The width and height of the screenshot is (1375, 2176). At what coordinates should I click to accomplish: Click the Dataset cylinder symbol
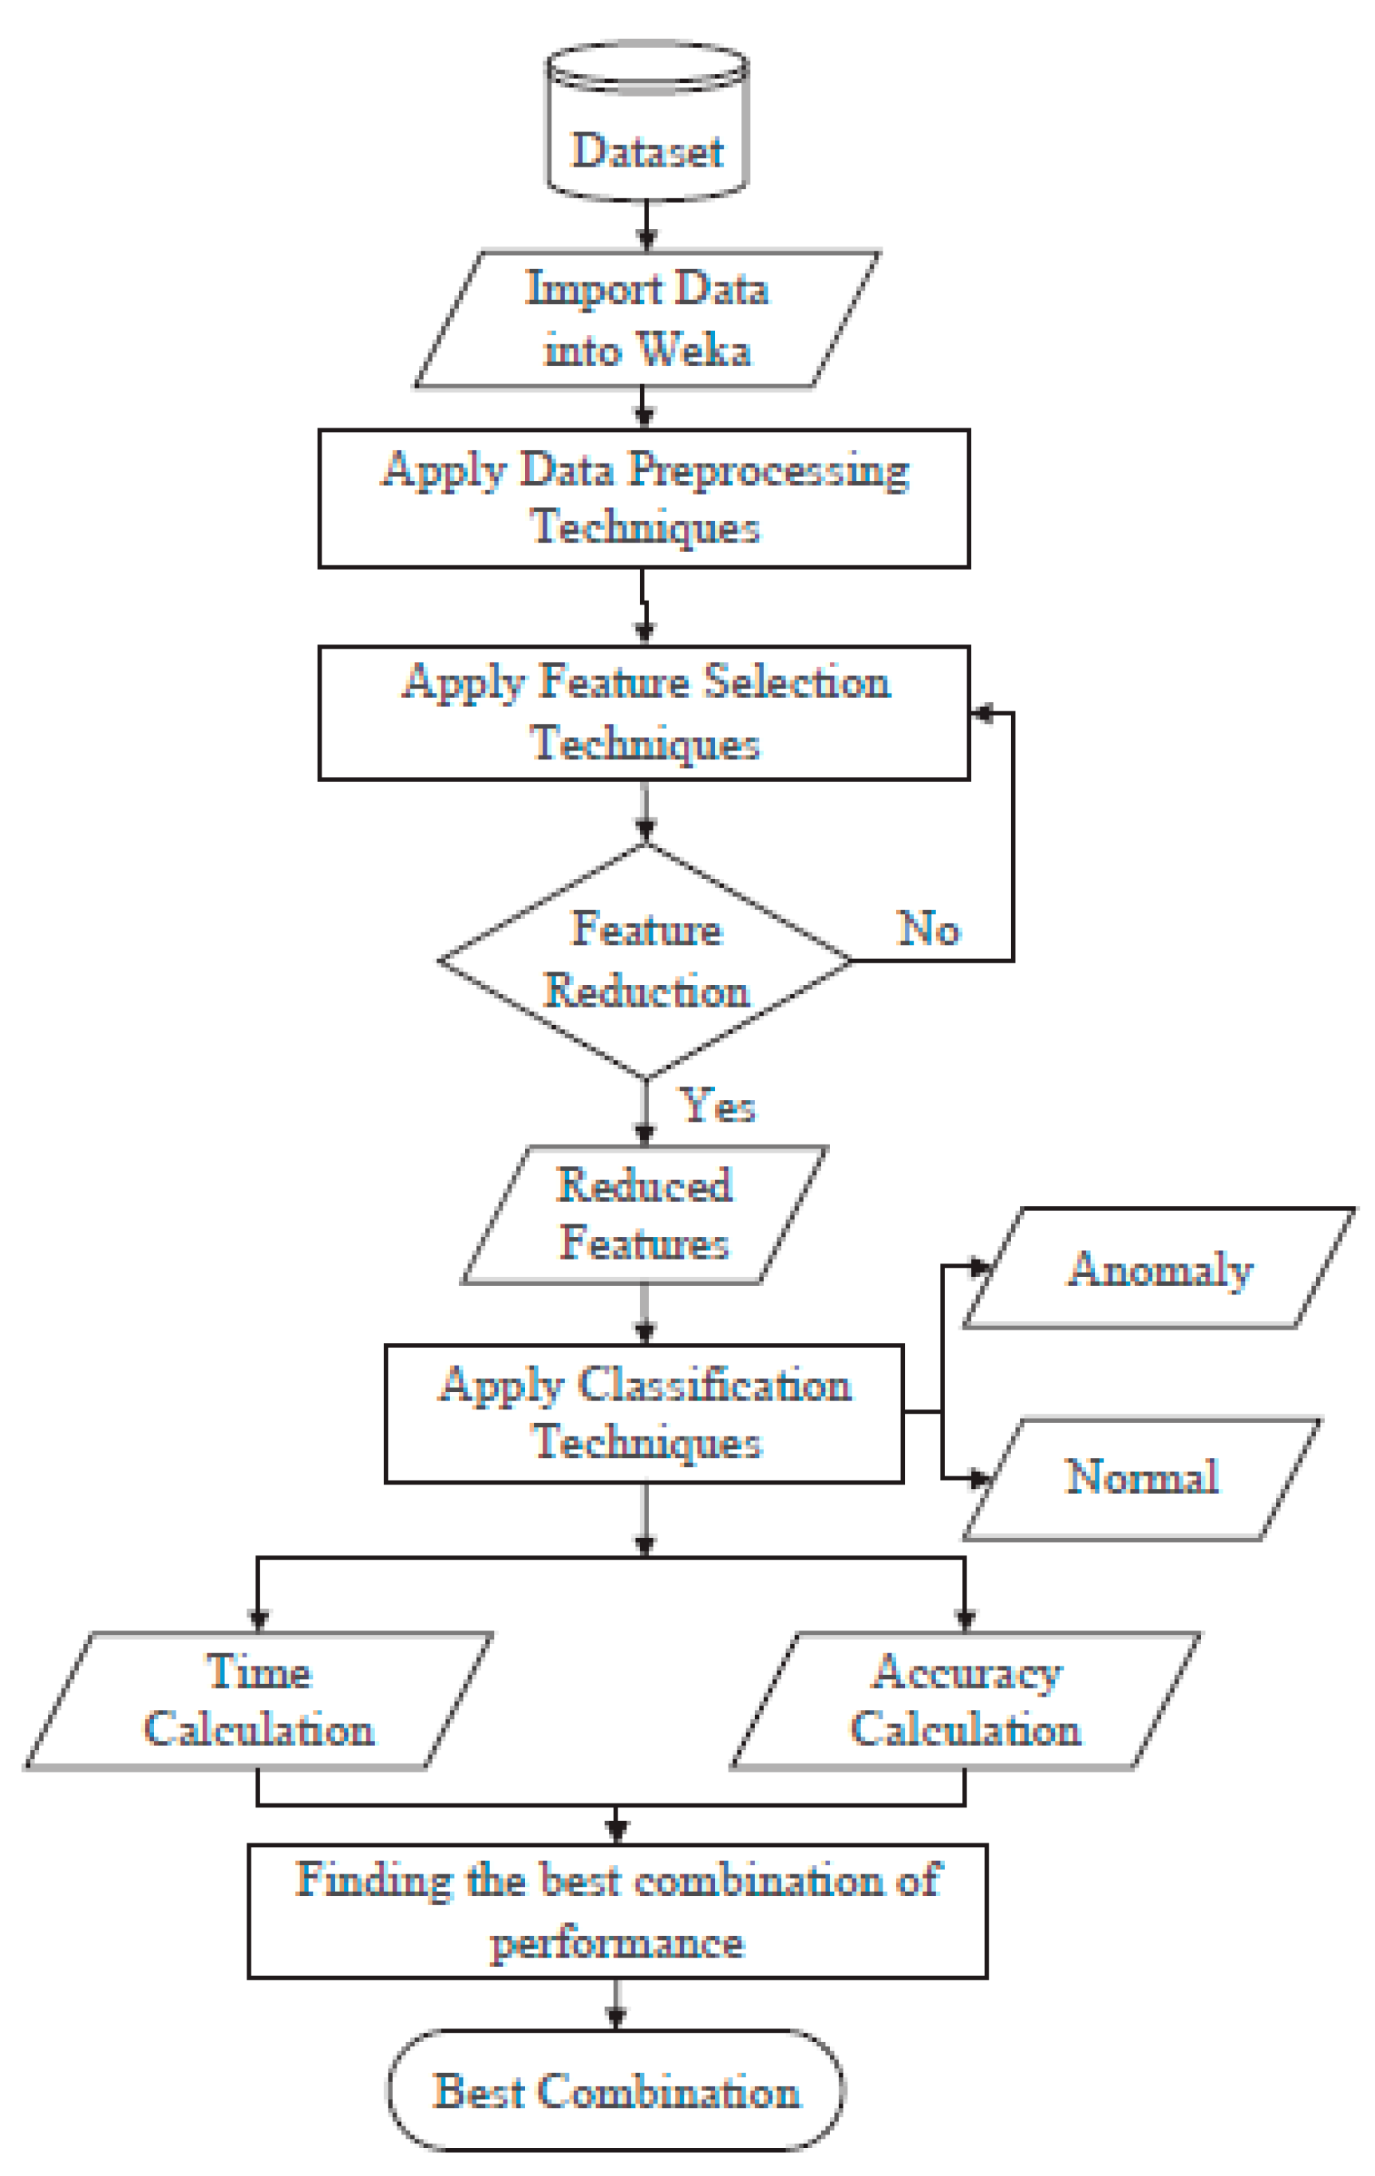pyautogui.click(x=646, y=122)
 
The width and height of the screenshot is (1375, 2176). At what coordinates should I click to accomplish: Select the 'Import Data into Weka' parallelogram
pyautogui.click(x=646, y=319)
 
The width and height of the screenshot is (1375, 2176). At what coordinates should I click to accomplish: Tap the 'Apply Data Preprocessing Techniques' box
pyautogui.click(x=644, y=498)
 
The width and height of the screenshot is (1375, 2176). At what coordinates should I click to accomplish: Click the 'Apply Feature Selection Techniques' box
pyautogui.click(x=644, y=713)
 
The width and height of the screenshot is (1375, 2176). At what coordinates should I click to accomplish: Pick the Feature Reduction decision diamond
pyautogui.click(x=646, y=960)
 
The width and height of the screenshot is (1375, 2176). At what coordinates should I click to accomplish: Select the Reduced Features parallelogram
pyautogui.click(x=644, y=1215)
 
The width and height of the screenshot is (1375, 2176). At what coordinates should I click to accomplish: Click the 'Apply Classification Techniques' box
pyautogui.click(x=644, y=1414)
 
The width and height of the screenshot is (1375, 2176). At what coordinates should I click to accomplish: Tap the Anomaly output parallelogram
pyautogui.click(x=1160, y=1269)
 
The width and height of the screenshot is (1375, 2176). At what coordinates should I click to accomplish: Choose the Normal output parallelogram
pyautogui.click(x=1142, y=1477)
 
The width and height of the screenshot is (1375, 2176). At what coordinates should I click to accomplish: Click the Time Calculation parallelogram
pyautogui.click(x=259, y=1701)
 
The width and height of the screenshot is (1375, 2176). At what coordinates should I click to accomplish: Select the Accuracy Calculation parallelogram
pyautogui.click(x=966, y=1701)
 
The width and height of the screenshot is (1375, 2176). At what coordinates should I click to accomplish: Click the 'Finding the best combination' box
pyautogui.click(x=618, y=1912)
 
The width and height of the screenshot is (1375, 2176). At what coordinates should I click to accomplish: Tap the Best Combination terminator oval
pyautogui.click(x=617, y=2091)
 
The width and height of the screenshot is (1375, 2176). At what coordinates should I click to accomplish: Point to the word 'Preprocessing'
pyautogui.click(x=769, y=470)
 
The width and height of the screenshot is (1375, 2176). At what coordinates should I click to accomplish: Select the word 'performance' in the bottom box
pyautogui.click(x=618, y=1943)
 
